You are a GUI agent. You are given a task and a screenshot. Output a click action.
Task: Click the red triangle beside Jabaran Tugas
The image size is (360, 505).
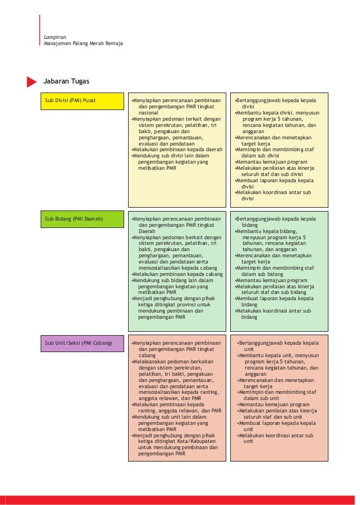point(32,82)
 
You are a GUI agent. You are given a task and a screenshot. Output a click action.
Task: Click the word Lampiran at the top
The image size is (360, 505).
point(55,37)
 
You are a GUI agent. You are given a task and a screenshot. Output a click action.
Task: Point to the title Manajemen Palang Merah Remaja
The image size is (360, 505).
point(84,43)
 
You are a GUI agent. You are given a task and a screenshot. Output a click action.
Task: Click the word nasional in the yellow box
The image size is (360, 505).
point(149,112)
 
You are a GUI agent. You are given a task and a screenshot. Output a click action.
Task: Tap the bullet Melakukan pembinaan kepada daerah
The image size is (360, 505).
point(177,150)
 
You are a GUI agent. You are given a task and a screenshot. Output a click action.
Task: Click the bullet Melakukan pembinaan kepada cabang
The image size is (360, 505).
point(177,274)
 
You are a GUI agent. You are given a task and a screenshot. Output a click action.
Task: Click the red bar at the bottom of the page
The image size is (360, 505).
point(180,500)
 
